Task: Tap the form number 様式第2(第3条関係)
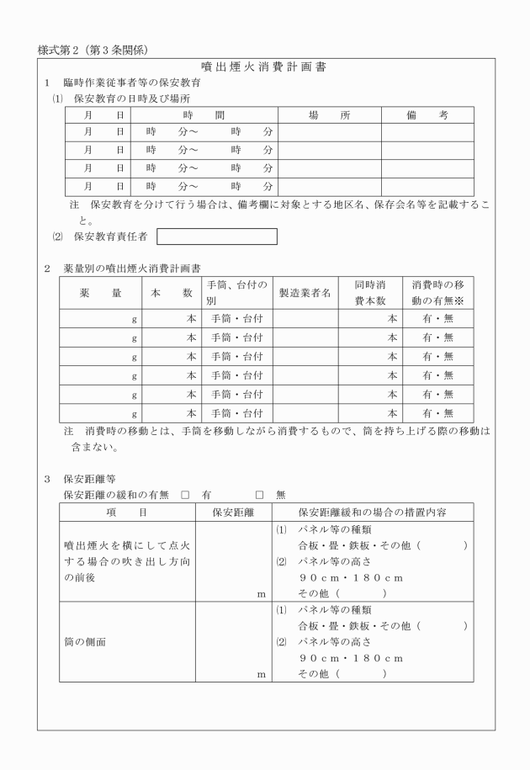[x=93, y=50]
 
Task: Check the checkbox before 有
[x=184, y=494]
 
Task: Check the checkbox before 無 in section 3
[x=260, y=494]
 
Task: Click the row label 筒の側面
[x=82, y=641]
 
